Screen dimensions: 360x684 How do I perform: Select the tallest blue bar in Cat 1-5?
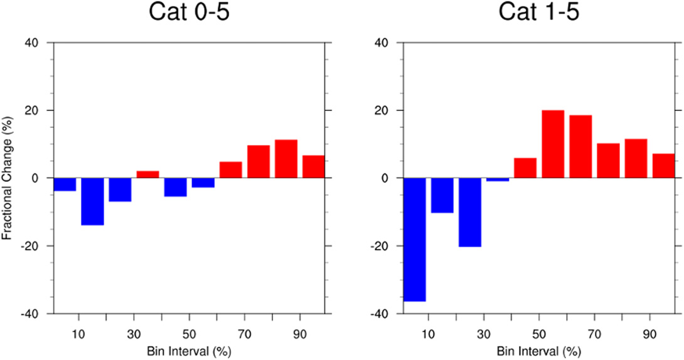(415, 240)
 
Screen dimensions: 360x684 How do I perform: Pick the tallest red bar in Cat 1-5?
(553, 144)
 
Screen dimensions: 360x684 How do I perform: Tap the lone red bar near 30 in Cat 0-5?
(147, 174)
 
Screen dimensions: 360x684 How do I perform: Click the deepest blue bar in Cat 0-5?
(92, 201)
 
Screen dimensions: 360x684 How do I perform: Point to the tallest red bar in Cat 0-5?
(286, 159)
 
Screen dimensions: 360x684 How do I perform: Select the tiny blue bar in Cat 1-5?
(498, 179)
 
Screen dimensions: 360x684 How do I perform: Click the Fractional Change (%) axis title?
(8, 178)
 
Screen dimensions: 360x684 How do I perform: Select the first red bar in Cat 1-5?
(525, 168)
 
